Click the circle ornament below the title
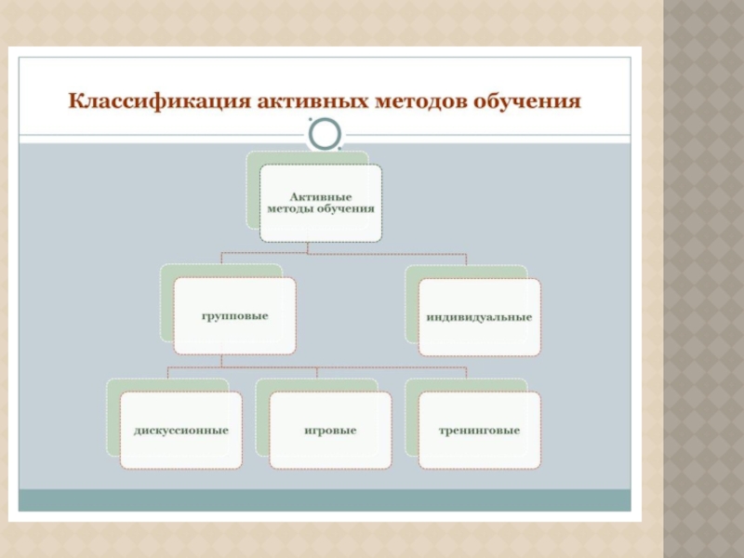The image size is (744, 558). pos(325,135)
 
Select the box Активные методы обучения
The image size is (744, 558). pos(320,204)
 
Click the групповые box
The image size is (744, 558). pos(235,316)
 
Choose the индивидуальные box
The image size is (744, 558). pos(479,317)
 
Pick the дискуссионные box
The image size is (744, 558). pos(181,431)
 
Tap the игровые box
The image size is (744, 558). pos(330,431)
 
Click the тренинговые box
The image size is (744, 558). pos(479,431)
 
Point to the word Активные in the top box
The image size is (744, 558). pos(320,197)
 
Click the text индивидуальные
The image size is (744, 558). pos(479,317)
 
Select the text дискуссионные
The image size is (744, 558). pos(181,431)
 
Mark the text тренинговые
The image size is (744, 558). pos(479,431)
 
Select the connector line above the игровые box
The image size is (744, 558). pos(317,374)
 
